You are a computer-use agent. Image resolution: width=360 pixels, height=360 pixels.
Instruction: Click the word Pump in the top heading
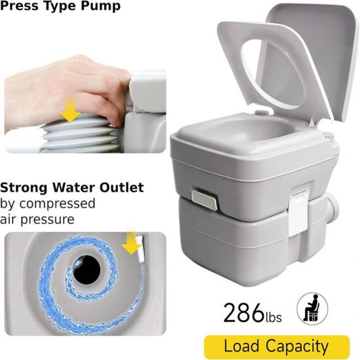coord(101,6)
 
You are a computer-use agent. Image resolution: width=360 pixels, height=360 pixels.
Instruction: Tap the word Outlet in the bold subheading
coord(122,187)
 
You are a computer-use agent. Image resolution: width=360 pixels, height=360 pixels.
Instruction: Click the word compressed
coord(57,204)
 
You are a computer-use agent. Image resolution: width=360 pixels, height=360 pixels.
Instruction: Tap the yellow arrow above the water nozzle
coord(132,241)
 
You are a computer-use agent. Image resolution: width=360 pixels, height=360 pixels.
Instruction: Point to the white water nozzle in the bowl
coord(141,249)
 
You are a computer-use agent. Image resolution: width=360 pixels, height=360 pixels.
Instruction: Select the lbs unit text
coord(274,317)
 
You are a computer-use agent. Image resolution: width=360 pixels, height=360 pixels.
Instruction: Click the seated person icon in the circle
coord(312,308)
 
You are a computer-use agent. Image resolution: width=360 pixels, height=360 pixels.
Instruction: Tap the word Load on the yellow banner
coord(242,346)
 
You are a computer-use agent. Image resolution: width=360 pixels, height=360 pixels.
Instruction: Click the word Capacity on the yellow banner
coord(297,347)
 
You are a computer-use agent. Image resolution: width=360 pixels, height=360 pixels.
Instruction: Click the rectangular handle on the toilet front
coord(204,200)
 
